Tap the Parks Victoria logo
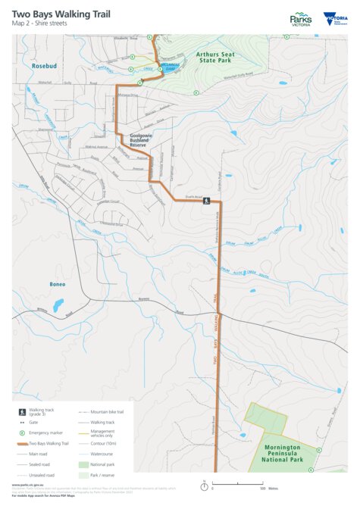(x=300, y=19)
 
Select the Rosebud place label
(x=45, y=67)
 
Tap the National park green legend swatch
(x=83, y=464)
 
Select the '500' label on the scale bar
(x=262, y=489)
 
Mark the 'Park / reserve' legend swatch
(x=83, y=475)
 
